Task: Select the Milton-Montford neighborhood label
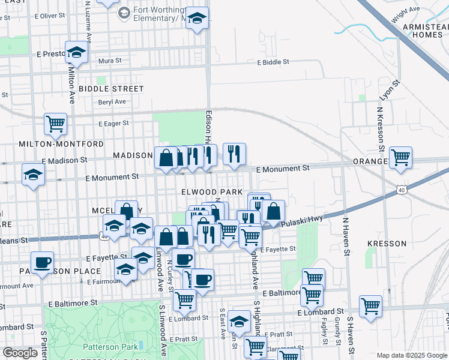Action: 53,144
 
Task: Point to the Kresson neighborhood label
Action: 387,244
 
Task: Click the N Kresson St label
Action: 379,128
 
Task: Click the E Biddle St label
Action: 273,62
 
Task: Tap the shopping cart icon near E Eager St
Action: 55,124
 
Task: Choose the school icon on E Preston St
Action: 76,53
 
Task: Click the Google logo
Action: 20,353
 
